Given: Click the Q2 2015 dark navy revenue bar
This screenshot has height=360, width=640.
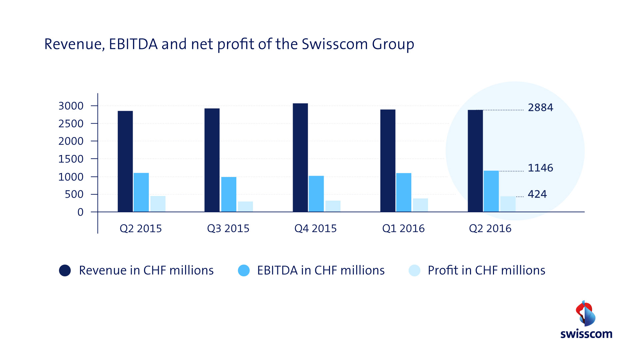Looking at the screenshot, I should (x=125, y=161).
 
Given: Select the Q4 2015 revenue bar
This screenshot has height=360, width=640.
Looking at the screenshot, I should (x=300, y=157).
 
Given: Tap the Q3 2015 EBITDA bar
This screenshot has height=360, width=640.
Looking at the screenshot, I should (x=229, y=194).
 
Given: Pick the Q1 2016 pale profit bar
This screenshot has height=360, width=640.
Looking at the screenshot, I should (x=420, y=205).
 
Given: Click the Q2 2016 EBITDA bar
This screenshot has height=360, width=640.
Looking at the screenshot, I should (x=491, y=191).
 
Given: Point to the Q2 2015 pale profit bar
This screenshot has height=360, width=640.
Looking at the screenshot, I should (x=158, y=204).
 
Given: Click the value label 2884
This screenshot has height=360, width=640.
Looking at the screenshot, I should (x=540, y=108).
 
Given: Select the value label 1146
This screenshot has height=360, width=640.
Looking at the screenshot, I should (x=540, y=168).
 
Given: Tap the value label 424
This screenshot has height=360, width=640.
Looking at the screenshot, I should (x=537, y=194).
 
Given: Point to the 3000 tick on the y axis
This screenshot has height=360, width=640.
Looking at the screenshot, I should (x=71, y=106).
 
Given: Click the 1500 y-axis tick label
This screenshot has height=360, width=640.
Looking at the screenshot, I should (x=71, y=159).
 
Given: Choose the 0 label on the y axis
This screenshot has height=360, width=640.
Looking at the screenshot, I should (x=80, y=212).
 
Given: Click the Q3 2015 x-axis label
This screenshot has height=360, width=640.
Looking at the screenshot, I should (x=228, y=229).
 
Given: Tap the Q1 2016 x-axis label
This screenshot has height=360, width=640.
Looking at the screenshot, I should (x=403, y=229).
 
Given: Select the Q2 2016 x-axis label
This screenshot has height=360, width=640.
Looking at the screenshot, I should (x=490, y=229).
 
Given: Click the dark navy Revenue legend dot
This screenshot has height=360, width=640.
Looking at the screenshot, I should (x=65, y=270).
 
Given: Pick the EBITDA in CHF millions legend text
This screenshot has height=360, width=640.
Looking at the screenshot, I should (x=321, y=270).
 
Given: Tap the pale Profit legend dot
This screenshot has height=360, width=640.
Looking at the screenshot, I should (x=414, y=270).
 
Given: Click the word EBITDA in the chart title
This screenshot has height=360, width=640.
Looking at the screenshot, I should (x=133, y=44).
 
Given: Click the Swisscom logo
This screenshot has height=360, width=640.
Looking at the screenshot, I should (x=586, y=320).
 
